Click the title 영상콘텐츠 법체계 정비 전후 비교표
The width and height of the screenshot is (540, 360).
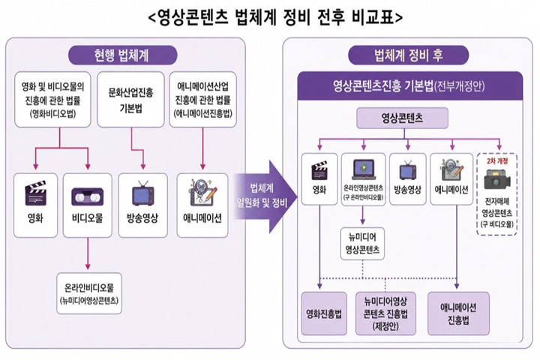(274, 17)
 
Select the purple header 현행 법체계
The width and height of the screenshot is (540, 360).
(122, 55)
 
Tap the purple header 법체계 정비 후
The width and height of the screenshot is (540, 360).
(409, 55)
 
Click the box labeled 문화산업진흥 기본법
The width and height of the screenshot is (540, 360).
(130, 100)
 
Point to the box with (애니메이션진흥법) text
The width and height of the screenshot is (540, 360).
(202, 100)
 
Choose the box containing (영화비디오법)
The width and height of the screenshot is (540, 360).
(52, 100)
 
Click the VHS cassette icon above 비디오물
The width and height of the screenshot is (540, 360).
(88, 196)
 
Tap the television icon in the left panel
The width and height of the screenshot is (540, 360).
(142, 194)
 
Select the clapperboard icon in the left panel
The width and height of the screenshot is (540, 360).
(35, 193)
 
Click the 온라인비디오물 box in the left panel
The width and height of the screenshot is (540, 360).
(89, 293)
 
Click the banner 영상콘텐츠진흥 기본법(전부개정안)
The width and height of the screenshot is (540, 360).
(409, 86)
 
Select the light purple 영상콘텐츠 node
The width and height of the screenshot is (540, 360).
(402, 118)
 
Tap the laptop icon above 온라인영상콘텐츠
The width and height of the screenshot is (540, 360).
(363, 169)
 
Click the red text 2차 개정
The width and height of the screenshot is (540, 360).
(497, 161)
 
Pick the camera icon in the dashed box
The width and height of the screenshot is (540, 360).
(497, 179)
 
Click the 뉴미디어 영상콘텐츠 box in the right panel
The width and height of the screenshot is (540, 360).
(363, 244)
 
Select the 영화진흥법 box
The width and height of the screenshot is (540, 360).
(324, 313)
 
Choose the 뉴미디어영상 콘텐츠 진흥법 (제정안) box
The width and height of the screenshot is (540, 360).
(385, 313)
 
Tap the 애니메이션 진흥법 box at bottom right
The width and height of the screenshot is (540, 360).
(458, 313)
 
